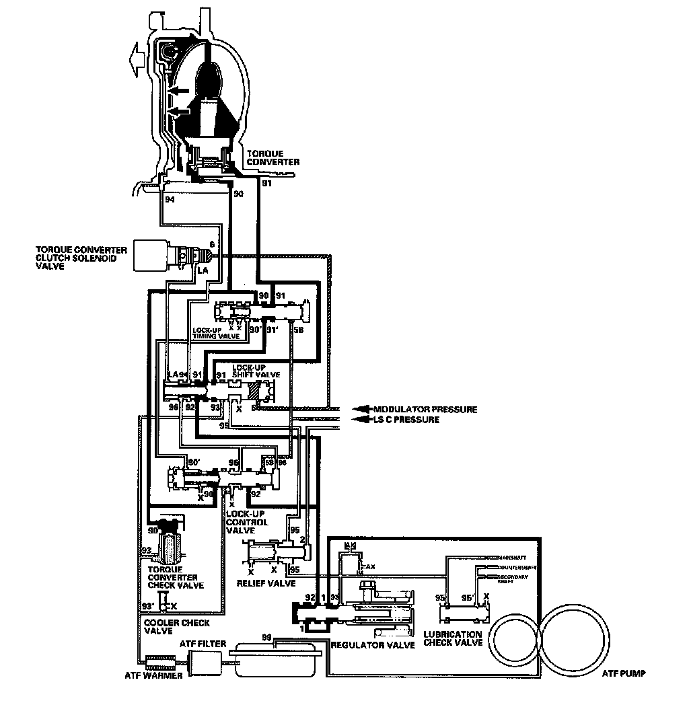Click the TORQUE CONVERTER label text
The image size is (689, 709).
[x=273, y=157]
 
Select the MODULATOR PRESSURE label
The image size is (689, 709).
[x=425, y=409]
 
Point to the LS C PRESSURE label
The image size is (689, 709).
[x=406, y=420]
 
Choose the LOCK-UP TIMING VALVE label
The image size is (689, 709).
[x=215, y=334]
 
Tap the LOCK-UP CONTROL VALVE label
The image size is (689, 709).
[x=247, y=522]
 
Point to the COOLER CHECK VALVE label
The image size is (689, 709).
[x=176, y=628]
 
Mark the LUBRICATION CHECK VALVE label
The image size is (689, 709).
[x=453, y=638]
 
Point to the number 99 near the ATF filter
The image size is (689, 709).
[x=268, y=637]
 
